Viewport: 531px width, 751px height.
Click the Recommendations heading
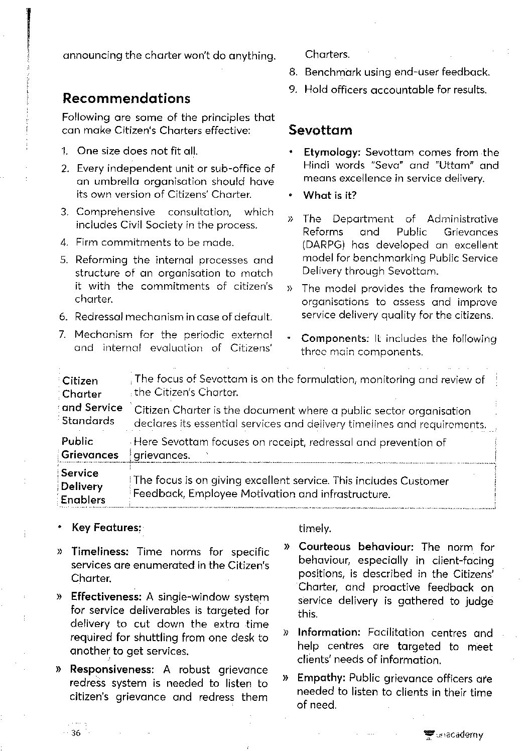pyautogui.click(x=126, y=98)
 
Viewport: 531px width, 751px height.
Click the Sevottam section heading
pyautogui.click(x=320, y=131)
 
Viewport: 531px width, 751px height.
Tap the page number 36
pyautogui.click(x=76, y=733)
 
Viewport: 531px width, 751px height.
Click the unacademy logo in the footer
pyautogui.click(x=454, y=735)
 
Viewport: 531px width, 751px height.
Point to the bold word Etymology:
pyautogui.click(x=332, y=152)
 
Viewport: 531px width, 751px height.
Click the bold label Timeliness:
pyautogui.click(x=100, y=552)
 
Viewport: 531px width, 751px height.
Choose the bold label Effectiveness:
pyautogui.click(x=106, y=597)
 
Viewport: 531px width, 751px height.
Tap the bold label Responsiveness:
pyautogui.click(x=111, y=670)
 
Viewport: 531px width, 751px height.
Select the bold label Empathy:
pyautogui.click(x=321, y=678)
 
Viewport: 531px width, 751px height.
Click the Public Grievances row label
pyautogui.click(x=89, y=448)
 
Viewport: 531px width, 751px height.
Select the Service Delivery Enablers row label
pyautogui.click(x=83, y=486)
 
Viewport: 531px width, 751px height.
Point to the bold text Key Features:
pyautogui.click(x=107, y=528)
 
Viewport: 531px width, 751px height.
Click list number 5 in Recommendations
pyautogui.click(x=64, y=260)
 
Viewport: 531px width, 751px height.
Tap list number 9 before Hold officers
pyautogui.click(x=293, y=90)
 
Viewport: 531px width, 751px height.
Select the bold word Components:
pyautogui.click(x=335, y=339)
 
